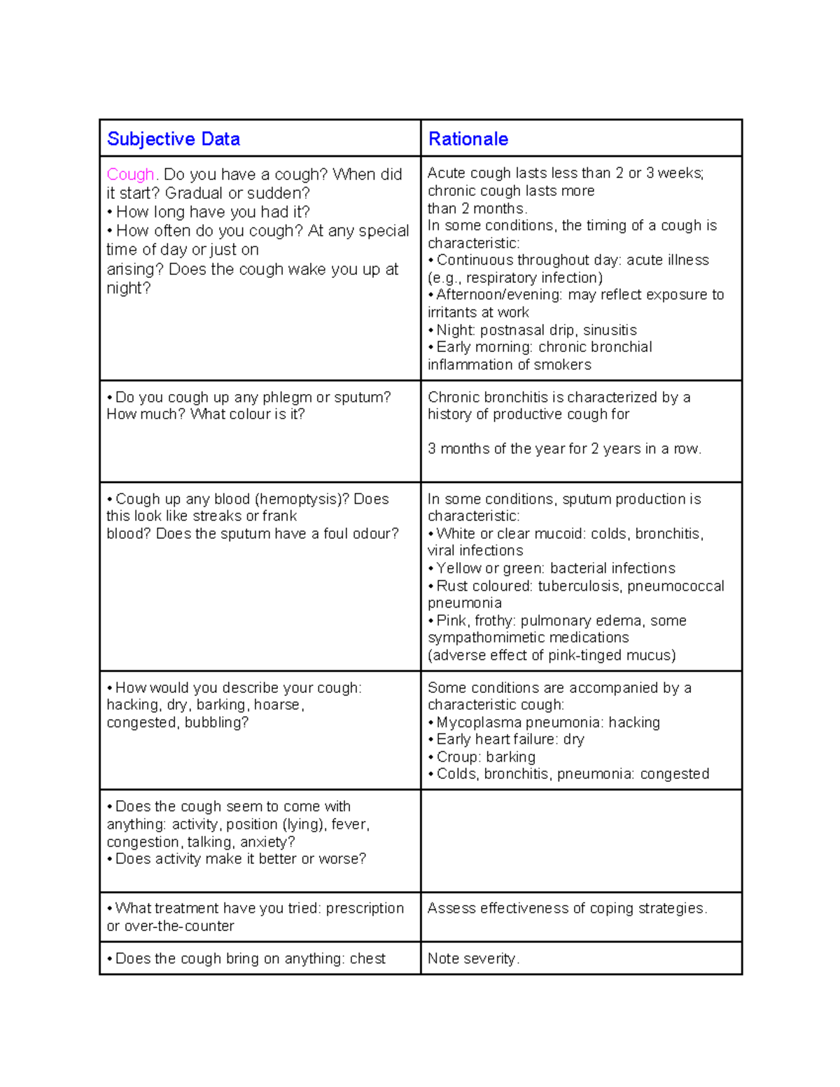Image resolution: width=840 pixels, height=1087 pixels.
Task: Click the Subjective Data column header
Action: click(173, 139)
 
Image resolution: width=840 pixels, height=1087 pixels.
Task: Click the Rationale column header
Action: click(468, 139)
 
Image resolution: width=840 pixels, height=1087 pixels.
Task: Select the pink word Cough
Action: click(130, 174)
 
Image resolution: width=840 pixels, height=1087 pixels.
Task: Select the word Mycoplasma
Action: click(479, 722)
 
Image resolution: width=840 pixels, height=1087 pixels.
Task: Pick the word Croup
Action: click(457, 757)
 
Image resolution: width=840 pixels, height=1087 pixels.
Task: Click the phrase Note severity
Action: click(473, 958)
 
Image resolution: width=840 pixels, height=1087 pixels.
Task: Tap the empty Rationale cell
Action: click(581, 841)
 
